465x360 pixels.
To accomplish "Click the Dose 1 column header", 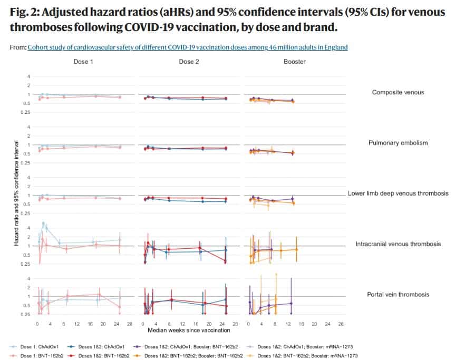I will point(83,62).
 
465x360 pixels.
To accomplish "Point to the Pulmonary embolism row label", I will point(398,143).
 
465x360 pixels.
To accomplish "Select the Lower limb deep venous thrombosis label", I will point(398,193).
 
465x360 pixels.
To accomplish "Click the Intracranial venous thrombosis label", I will point(398,244).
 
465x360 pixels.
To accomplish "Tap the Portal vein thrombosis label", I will point(398,295).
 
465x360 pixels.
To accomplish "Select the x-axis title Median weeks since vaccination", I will point(189,331).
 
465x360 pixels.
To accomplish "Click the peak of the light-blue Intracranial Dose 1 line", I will point(43,223).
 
